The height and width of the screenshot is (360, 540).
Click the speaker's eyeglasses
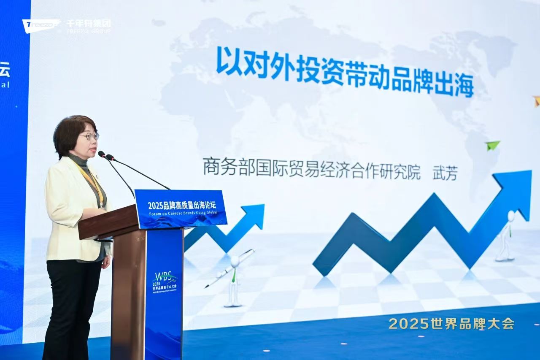point(89,136)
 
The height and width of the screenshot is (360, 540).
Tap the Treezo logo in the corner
point(40,25)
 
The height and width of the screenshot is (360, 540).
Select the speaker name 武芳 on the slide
point(445,173)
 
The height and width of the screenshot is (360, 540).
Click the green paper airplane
point(492,145)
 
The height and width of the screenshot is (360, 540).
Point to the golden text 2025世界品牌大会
point(451,324)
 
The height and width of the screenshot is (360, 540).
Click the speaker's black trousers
point(72,304)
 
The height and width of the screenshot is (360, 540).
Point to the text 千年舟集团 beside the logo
point(89,23)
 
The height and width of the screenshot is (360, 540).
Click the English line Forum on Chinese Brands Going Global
point(182,214)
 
